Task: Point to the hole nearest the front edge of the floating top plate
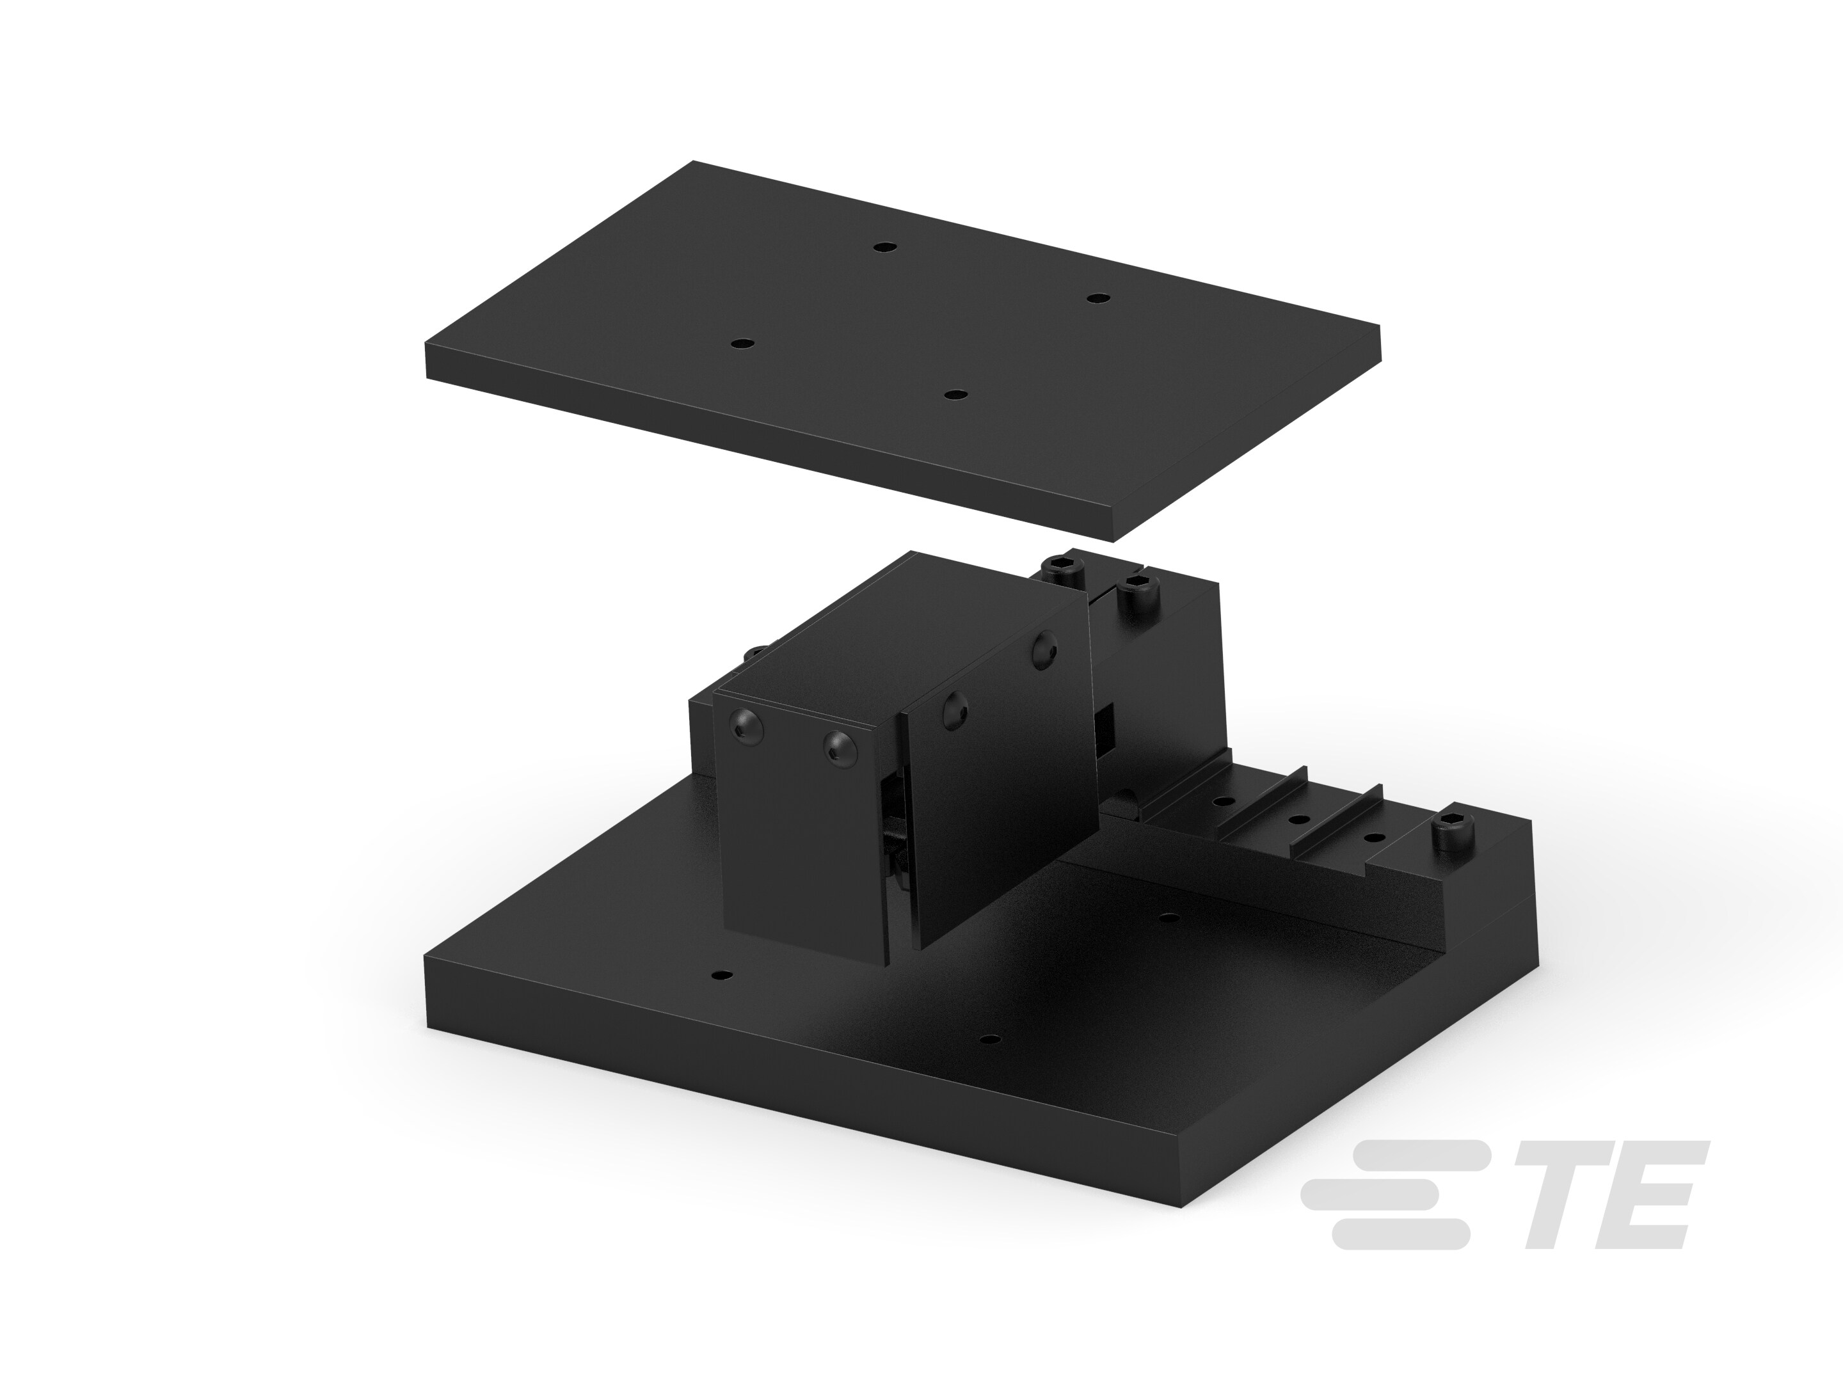[955, 393]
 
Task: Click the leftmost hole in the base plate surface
[722, 974]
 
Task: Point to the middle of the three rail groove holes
[1298, 820]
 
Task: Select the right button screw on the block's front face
[836, 747]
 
